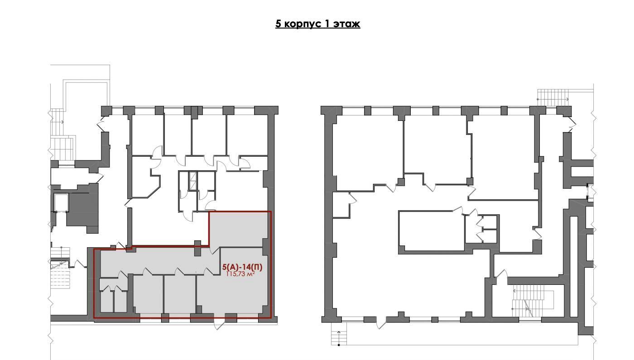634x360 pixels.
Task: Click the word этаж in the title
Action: point(347,24)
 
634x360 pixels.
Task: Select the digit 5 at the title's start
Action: point(279,24)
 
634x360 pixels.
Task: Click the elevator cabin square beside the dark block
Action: point(61,203)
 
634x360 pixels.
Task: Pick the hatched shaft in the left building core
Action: point(193,181)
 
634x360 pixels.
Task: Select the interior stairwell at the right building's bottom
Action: point(528,300)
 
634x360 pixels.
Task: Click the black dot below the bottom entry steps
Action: point(339,345)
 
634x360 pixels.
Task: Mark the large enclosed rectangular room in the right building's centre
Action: point(431,231)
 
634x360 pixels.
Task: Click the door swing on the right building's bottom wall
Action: point(381,322)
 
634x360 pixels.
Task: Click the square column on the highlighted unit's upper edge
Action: point(197,248)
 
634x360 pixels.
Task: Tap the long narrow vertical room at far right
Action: point(574,267)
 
